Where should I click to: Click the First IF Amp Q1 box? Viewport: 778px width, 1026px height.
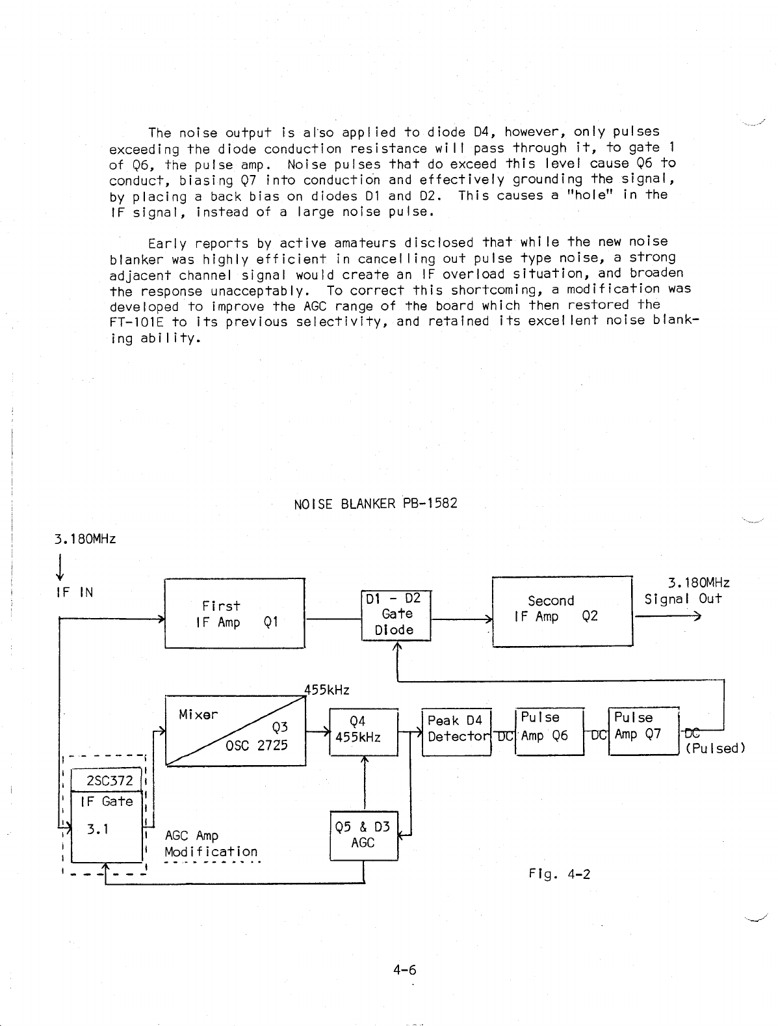click(234, 613)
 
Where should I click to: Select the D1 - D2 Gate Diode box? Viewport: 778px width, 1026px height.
click(396, 615)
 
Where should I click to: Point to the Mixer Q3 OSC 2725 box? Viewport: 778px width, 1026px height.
click(235, 730)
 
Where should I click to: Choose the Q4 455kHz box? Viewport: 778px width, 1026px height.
click(363, 731)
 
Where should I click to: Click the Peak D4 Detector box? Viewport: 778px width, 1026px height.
click(456, 731)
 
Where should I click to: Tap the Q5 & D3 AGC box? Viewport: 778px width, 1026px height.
click(363, 835)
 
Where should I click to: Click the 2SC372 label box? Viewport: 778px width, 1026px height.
click(106, 781)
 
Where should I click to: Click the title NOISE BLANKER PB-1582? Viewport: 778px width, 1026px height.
click(375, 504)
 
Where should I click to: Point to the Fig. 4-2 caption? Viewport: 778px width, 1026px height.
click(559, 874)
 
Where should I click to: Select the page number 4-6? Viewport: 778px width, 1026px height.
click(404, 971)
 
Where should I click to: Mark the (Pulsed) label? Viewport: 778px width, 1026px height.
click(715, 748)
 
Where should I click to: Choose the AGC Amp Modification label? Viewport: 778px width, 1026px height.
click(211, 844)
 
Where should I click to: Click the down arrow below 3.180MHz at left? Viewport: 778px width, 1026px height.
click(59, 567)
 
